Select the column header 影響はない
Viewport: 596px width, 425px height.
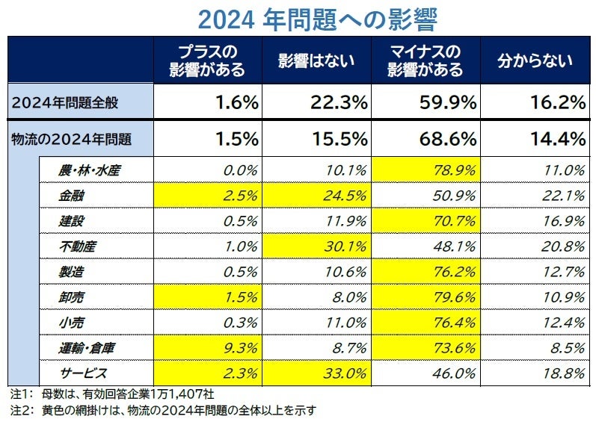tap(316, 61)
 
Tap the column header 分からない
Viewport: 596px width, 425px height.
tap(535, 61)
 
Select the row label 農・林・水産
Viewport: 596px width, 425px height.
tap(90, 170)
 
